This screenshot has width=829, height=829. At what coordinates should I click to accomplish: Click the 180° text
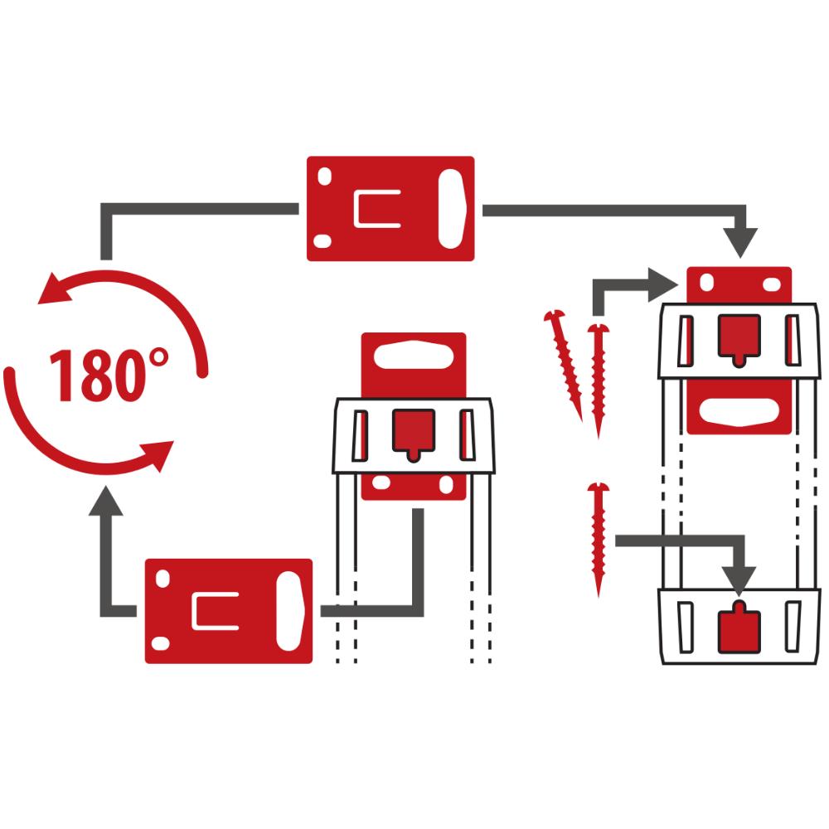(x=109, y=375)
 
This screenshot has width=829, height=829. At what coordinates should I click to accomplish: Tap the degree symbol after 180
(x=158, y=358)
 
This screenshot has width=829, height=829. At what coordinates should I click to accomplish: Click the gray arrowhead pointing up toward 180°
(x=106, y=502)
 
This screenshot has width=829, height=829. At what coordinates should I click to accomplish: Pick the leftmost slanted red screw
(x=564, y=366)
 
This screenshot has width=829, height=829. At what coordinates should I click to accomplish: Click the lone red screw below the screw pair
(x=599, y=539)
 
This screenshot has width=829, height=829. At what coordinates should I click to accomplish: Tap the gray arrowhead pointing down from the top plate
(x=740, y=243)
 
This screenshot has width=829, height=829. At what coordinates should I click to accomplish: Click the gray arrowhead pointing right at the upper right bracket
(x=664, y=285)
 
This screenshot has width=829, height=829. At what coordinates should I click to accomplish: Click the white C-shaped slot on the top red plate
(x=376, y=208)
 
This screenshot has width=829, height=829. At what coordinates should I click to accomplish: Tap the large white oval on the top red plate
(x=451, y=209)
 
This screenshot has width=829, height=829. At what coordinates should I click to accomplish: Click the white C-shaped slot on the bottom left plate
(x=214, y=611)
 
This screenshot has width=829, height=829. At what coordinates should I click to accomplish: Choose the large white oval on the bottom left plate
(x=289, y=611)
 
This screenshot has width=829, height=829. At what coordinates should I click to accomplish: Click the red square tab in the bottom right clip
(x=739, y=628)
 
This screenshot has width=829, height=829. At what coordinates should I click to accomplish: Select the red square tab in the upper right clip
(x=739, y=337)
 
